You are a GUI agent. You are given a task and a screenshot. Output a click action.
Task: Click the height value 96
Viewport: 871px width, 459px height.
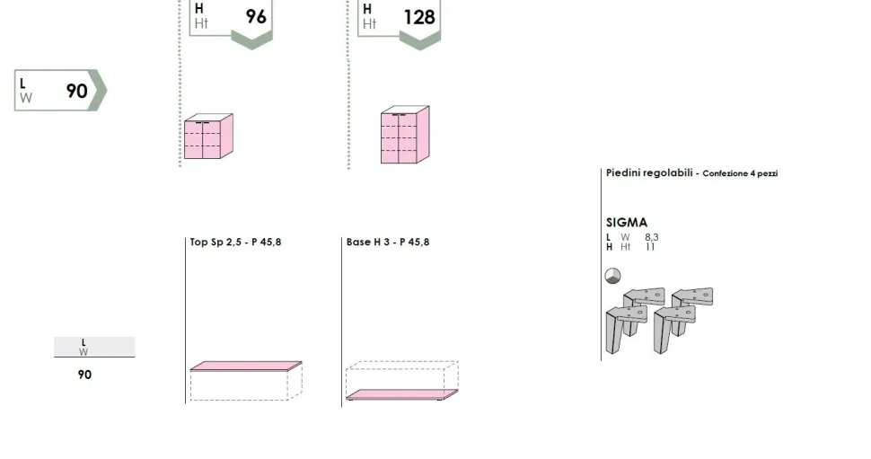pyautogui.click(x=256, y=17)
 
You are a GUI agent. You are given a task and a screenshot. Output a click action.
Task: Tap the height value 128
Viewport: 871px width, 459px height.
pyautogui.click(x=419, y=17)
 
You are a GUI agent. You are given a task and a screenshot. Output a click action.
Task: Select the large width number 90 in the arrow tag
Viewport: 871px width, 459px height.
pyautogui.click(x=76, y=91)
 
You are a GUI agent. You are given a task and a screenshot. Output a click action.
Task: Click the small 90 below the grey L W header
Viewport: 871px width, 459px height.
pyautogui.click(x=84, y=375)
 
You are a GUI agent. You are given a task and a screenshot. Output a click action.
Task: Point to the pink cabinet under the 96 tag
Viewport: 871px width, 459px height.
pyautogui.click(x=208, y=137)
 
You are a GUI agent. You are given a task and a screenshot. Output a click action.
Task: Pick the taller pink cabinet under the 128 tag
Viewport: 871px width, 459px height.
pyautogui.click(x=405, y=135)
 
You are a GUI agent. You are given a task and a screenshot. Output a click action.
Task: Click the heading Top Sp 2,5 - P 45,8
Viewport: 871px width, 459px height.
pyautogui.click(x=235, y=242)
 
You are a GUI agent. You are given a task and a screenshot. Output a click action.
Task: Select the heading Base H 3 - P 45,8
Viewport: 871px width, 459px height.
pyautogui.click(x=388, y=242)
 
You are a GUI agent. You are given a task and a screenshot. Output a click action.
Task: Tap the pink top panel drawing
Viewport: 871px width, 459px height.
pyautogui.click(x=246, y=366)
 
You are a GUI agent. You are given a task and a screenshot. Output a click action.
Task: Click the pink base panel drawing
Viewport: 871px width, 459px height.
pyautogui.click(x=402, y=394)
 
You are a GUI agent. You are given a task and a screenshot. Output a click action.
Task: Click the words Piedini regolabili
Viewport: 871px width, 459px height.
pyautogui.click(x=649, y=172)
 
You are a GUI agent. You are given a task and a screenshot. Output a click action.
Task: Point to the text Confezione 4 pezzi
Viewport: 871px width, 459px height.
pyautogui.click(x=740, y=173)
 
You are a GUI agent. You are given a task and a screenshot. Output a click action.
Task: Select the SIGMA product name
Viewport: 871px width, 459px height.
pyautogui.click(x=627, y=222)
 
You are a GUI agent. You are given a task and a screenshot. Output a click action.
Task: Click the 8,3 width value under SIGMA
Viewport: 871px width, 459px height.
pyautogui.click(x=652, y=237)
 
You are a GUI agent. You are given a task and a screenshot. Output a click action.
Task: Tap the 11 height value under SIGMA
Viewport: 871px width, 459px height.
pyautogui.click(x=650, y=247)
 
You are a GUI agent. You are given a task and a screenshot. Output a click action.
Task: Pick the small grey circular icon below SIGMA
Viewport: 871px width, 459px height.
pyautogui.click(x=612, y=276)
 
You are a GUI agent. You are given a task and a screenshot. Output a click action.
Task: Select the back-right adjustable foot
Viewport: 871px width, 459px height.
pyautogui.click(x=693, y=303)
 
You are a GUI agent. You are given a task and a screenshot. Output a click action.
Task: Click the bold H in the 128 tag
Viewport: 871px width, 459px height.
pyautogui.click(x=367, y=9)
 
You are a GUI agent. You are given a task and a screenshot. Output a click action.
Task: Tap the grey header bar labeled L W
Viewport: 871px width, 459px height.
pyautogui.click(x=94, y=347)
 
